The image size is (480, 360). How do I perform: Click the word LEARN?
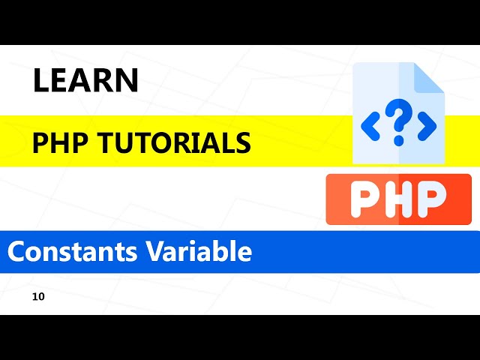[85, 81]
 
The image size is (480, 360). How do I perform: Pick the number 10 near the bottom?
[39, 297]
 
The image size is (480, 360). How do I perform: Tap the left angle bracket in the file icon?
[370, 126]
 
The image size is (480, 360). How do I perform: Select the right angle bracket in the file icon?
[427, 126]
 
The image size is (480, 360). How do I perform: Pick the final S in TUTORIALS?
[243, 142]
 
